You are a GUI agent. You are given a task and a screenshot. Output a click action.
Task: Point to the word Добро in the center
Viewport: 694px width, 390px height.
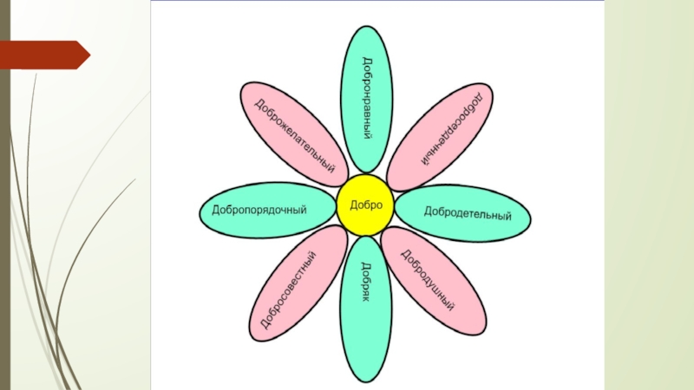(x=365, y=205)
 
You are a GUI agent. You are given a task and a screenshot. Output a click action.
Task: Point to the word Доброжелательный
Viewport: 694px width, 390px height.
(x=294, y=134)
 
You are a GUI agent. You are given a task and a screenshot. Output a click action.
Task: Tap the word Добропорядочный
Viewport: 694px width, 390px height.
(x=260, y=211)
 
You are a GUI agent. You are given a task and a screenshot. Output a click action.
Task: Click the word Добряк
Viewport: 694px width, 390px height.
(x=366, y=282)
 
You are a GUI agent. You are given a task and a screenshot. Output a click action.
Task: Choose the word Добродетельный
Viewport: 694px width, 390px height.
(x=467, y=212)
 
